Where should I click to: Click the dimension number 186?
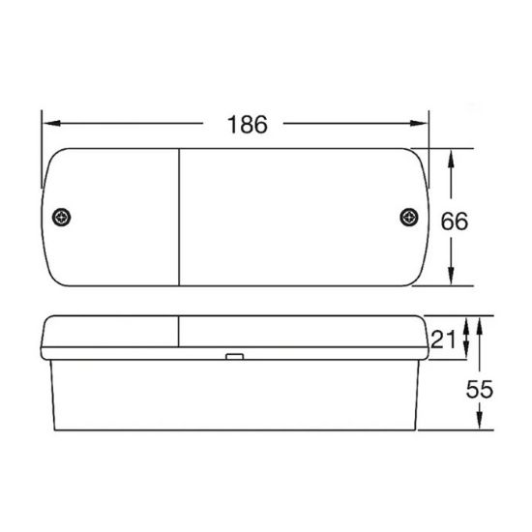246,124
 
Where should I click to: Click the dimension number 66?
454,221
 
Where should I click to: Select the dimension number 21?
444,339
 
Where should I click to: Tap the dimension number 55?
480,390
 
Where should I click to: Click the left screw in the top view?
64,217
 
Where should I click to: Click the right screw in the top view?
406,217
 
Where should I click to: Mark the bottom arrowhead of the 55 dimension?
480,424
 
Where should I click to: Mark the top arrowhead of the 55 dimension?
480,321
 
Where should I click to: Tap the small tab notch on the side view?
232,358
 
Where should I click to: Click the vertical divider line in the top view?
181,218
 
